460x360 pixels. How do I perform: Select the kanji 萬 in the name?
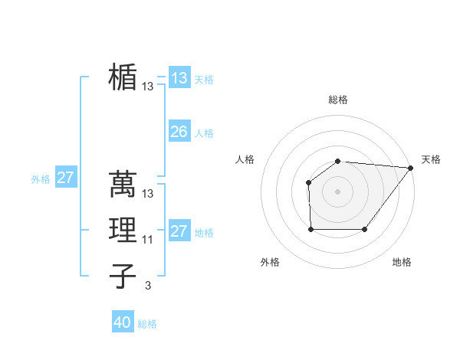tap(123, 183)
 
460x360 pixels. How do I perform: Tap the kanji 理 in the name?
tap(123, 230)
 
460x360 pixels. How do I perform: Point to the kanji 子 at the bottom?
tap(123, 276)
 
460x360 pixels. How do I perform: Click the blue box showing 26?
tap(179, 132)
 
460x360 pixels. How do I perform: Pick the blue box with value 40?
tap(123, 322)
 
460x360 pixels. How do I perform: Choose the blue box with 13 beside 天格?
tap(179, 78)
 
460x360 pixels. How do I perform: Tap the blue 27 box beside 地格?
tap(179, 231)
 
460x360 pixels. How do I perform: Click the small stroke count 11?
tap(148, 240)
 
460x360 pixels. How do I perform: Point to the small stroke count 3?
tap(148, 286)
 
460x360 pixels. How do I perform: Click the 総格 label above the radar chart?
tap(337, 100)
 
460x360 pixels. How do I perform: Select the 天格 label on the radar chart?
tap(431, 159)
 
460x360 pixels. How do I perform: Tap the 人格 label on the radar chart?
tap(245, 159)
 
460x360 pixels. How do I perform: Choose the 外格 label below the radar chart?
tap(270, 262)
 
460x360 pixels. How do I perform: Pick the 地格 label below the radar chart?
tap(402, 262)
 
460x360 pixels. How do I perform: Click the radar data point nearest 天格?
tap(411, 168)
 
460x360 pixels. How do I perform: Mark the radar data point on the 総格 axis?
tap(337, 161)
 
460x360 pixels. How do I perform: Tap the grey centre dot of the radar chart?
tap(337, 191)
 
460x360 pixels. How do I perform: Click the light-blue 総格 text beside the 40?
tap(147, 324)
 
